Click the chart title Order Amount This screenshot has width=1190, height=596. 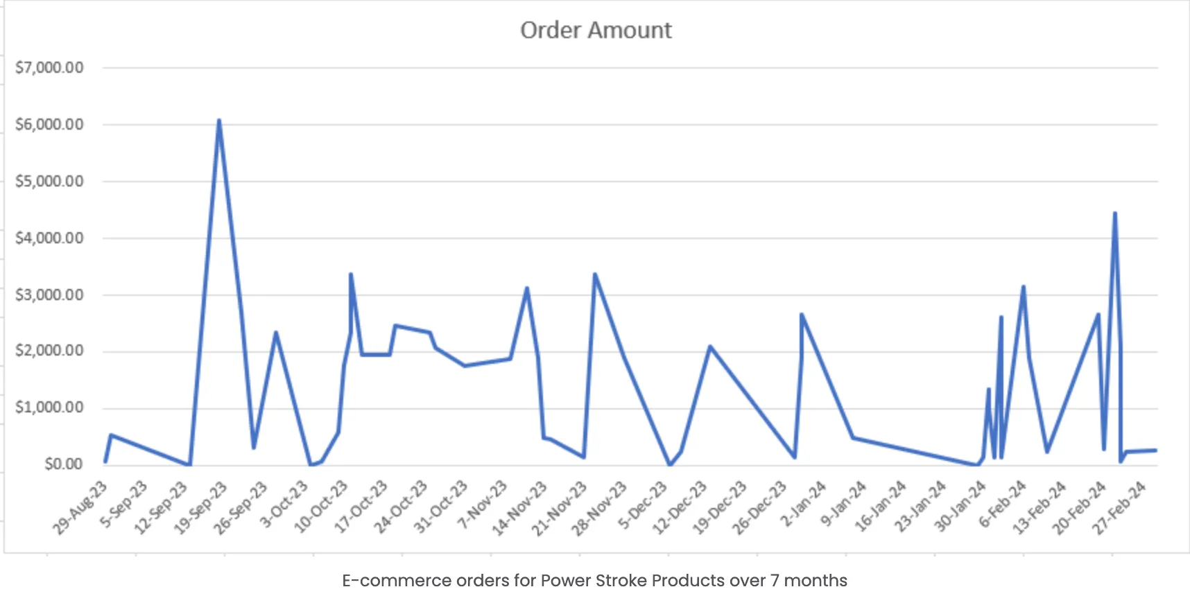coord(596,30)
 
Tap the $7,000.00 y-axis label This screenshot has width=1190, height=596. coord(49,68)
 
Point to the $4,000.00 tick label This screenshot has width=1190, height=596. coord(49,238)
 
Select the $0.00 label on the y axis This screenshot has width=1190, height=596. coord(63,464)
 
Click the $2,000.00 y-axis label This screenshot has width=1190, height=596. coord(49,351)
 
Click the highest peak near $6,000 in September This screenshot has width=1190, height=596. coord(219,121)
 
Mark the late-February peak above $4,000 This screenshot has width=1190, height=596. coord(1114,213)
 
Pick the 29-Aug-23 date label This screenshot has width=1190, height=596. coord(80,508)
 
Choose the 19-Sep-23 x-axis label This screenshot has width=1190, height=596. coord(200,508)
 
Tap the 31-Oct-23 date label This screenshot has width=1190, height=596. coord(441,508)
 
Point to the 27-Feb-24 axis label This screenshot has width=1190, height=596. coord(1119,508)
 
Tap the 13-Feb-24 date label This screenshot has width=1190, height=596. coord(1039,508)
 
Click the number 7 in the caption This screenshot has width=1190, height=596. coord(775,581)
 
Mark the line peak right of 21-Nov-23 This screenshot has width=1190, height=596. coord(595,275)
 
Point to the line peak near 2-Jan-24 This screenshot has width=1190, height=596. coord(802,315)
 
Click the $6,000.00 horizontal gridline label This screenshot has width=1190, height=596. coord(49,125)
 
